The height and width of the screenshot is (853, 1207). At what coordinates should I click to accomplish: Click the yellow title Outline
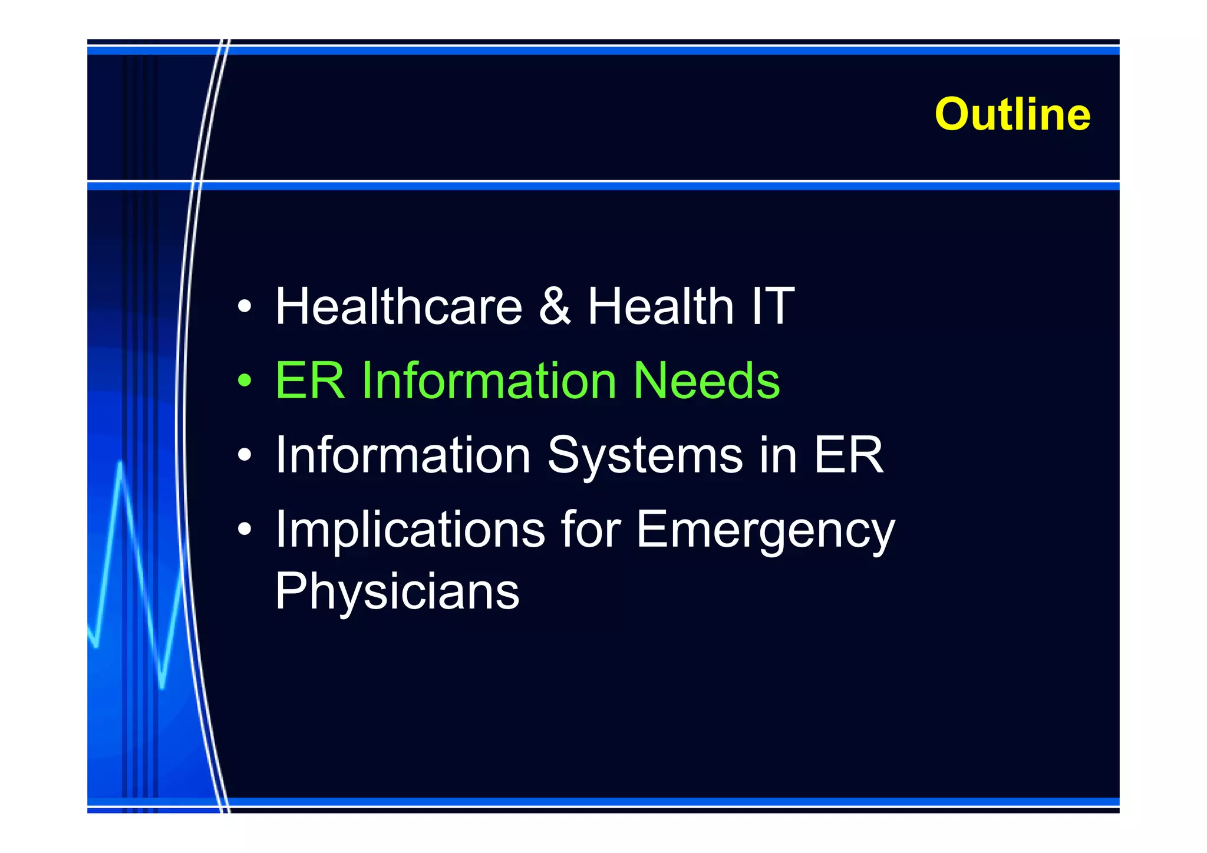(1012, 114)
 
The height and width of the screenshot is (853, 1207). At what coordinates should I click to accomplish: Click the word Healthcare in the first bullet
(398, 306)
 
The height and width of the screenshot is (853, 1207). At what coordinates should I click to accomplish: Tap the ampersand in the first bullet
(555, 306)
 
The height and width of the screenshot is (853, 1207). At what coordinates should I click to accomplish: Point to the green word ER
(309, 381)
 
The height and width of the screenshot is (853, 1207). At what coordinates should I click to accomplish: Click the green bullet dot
(245, 381)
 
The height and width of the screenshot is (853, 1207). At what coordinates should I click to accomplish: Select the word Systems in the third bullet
(645, 455)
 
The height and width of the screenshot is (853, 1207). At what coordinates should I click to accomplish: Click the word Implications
(410, 530)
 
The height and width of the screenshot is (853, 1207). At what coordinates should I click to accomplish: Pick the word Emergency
(765, 530)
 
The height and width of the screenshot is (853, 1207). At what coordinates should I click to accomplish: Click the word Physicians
(397, 591)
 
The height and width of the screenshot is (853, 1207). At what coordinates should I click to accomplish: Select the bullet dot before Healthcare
(245, 307)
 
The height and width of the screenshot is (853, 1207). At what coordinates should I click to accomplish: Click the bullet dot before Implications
(245, 530)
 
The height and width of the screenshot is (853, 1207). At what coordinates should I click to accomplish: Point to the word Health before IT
(660, 306)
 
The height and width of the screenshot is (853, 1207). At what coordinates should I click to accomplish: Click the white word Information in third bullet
(403, 455)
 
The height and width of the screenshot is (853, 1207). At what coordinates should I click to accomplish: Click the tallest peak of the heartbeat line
(120, 465)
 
